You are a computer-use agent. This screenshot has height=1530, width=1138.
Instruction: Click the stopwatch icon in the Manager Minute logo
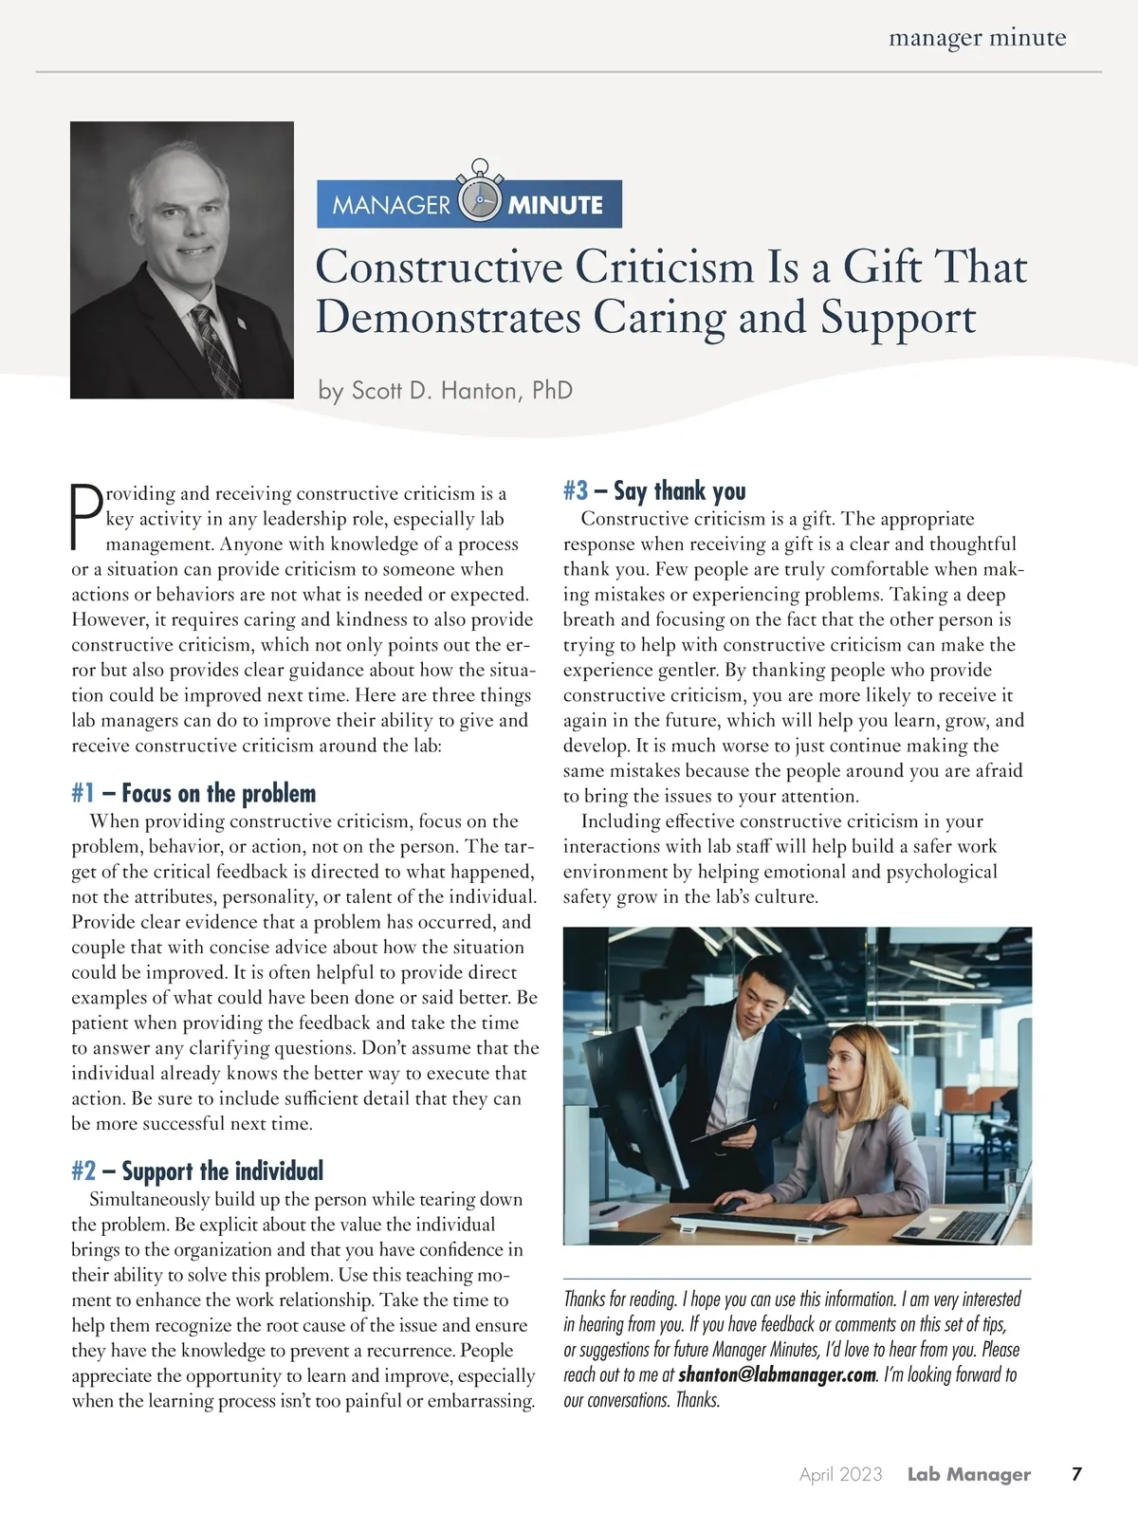pyautogui.click(x=479, y=197)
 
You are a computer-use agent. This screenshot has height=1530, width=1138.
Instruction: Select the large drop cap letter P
pyautogui.click(x=86, y=517)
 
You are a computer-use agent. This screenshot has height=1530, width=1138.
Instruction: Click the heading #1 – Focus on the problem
pyautogui.click(x=193, y=793)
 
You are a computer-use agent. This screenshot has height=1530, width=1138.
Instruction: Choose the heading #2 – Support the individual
pyautogui.click(x=197, y=1171)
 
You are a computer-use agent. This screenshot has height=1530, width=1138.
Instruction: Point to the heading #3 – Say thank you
pyautogui.click(x=654, y=490)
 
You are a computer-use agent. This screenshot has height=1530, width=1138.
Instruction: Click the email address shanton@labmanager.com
pyautogui.click(x=777, y=1374)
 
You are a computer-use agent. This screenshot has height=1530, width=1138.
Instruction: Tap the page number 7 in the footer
pyautogui.click(x=1076, y=1474)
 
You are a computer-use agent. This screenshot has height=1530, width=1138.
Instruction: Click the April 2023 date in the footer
pyautogui.click(x=840, y=1474)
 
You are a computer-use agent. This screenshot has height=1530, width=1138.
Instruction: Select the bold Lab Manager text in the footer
pyautogui.click(x=968, y=1474)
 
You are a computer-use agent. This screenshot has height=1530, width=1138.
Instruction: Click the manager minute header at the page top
pyautogui.click(x=977, y=38)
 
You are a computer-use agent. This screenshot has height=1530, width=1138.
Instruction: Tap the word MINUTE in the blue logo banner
pyautogui.click(x=555, y=205)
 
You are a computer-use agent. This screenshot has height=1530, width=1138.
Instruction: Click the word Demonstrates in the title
pyautogui.click(x=448, y=317)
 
